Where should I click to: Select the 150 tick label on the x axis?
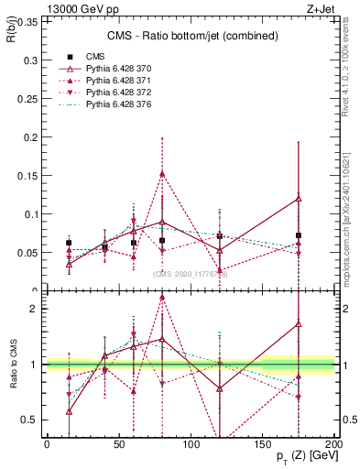pos(263,443)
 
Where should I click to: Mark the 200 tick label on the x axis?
pos(334,443)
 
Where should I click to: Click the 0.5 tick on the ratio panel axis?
pos(30,420)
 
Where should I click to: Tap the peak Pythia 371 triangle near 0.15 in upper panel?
pos(162,173)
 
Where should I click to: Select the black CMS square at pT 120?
pos(220,236)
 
